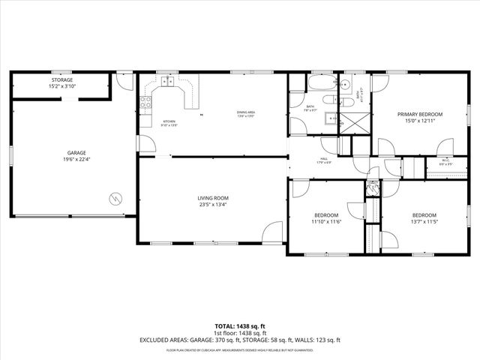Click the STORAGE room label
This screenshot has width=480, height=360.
tap(61, 79)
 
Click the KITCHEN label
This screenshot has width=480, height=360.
tap(169, 121)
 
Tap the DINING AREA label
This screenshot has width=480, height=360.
tap(247, 112)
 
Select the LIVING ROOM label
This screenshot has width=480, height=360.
tap(202, 198)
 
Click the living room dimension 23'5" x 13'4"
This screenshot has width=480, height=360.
tap(202, 205)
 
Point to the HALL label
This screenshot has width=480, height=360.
tap(324, 157)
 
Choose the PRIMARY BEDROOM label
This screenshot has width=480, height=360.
tap(419, 114)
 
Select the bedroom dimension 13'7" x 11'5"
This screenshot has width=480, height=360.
tap(424, 222)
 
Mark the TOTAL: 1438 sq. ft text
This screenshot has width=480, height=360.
tap(240, 326)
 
